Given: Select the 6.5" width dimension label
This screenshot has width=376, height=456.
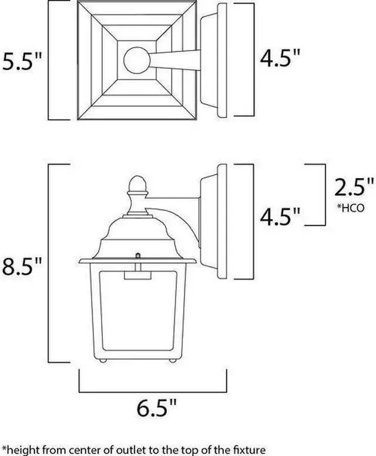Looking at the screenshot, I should [x=153, y=408].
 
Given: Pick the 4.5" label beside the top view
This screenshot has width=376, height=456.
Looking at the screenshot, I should [x=281, y=59].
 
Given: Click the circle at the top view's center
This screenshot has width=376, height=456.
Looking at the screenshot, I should [x=136, y=60].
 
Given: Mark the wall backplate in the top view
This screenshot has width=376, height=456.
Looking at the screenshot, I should [x=217, y=61].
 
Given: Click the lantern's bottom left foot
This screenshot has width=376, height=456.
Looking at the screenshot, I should [x=102, y=359].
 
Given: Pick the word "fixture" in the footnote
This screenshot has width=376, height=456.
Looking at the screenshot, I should [x=240, y=449].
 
